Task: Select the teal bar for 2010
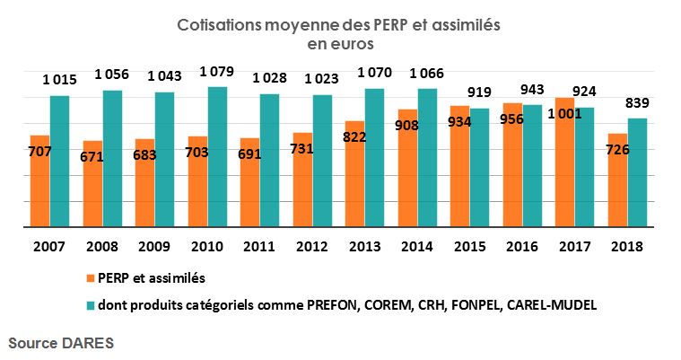pos(217,158)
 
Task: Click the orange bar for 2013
pos(354,175)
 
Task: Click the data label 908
pos(409,148)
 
